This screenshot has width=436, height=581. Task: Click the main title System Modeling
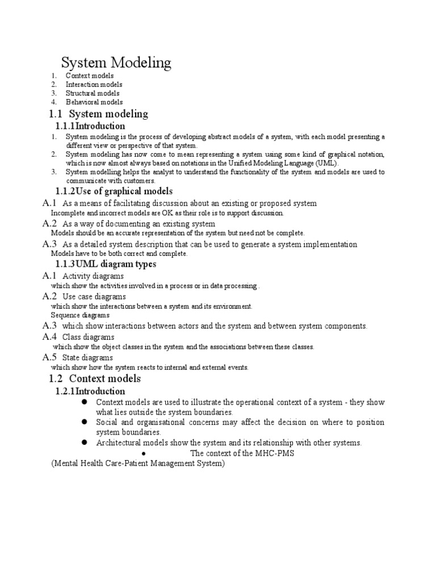tap(116, 62)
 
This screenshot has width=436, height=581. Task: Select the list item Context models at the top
tap(90, 75)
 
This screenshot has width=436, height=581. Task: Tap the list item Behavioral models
tap(94, 102)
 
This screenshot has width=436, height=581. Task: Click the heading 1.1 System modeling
tap(99, 113)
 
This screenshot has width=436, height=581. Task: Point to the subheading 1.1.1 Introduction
tap(90, 126)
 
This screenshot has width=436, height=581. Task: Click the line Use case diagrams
tap(94, 296)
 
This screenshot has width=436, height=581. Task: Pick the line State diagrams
tap(87, 357)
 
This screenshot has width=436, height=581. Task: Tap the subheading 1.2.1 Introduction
tap(90, 391)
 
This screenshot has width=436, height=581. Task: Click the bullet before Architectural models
tap(83, 442)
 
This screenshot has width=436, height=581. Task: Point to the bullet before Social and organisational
tap(83, 422)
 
